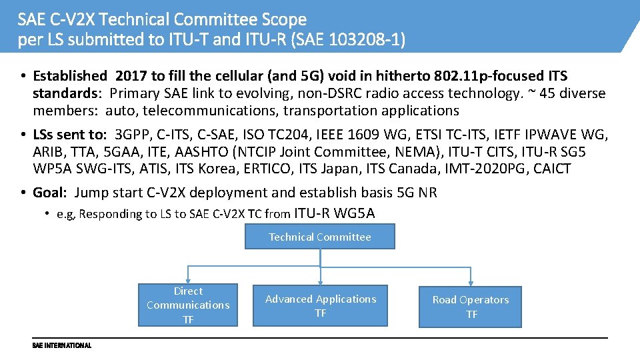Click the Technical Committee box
click(x=320, y=237)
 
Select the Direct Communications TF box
click(x=188, y=305)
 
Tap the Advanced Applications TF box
click(x=321, y=306)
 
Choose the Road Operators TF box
click(x=471, y=307)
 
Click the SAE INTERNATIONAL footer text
click(x=61, y=345)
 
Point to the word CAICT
click(x=551, y=169)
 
